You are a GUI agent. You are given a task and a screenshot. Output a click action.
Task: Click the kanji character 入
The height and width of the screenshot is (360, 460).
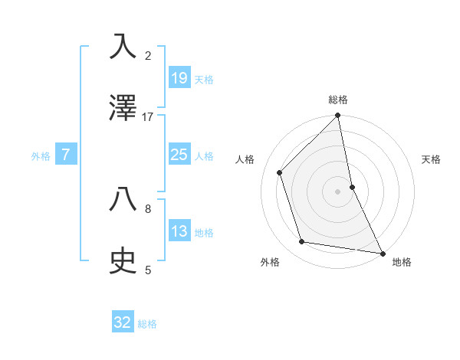point(123,46)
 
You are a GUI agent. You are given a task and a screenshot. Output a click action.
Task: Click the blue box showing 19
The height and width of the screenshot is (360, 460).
point(179,77)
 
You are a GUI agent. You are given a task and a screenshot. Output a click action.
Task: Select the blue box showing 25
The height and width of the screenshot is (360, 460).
point(179,155)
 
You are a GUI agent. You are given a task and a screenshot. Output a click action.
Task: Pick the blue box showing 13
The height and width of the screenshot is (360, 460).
point(179,231)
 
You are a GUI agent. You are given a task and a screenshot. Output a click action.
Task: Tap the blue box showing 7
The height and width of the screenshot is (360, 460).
point(66,155)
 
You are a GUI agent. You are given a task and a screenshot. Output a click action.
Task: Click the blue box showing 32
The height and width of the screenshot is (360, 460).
point(123,322)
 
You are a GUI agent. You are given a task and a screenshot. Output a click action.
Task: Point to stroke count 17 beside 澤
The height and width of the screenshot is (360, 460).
point(148,117)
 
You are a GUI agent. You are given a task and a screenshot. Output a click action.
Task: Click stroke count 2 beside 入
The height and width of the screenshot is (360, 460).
point(148,55)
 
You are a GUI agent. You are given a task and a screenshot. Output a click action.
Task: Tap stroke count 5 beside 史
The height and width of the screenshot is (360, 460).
point(148,270)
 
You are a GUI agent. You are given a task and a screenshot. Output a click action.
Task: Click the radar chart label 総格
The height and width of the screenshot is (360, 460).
point(338,100)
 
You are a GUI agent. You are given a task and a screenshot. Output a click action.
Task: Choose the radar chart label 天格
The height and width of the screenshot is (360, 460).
point(431,159)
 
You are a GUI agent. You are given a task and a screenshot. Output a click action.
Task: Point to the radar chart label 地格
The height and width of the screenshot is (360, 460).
point(402,262)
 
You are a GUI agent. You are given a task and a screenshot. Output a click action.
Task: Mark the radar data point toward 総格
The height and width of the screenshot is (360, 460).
point(338,116)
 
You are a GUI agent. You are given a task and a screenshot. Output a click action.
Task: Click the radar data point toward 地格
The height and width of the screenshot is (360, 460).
point(382,252)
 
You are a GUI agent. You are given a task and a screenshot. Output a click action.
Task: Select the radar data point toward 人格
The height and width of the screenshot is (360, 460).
point(280,172)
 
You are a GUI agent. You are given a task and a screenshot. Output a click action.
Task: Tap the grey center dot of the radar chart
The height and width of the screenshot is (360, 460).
point(338,191)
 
